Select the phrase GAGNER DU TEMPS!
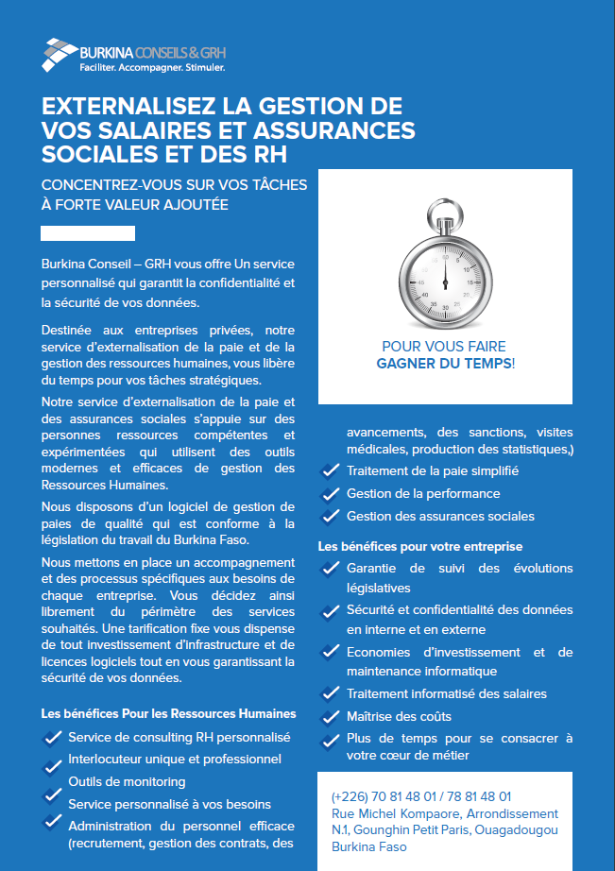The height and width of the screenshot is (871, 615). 445,363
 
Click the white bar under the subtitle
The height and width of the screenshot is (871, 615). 88,233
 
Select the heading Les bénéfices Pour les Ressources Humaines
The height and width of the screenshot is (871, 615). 169,713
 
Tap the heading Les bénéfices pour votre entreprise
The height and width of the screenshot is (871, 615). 419,546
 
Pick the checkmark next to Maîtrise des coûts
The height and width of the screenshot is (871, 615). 331,717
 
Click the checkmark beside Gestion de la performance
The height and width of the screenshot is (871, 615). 331,494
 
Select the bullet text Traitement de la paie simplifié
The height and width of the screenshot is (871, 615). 433,470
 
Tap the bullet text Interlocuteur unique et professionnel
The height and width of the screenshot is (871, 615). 175,759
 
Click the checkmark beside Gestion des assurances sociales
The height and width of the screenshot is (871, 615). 331,517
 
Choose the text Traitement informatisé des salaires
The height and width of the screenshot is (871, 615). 446,693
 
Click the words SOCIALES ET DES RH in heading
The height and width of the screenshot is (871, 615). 163,153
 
